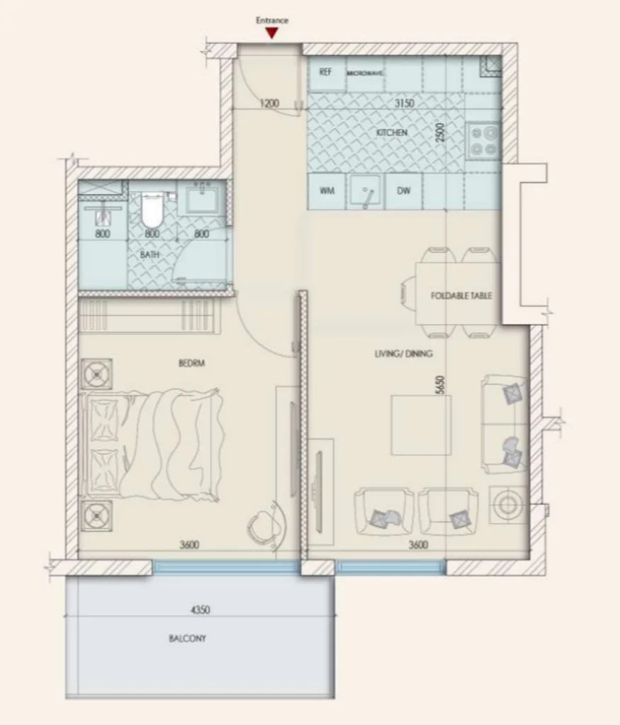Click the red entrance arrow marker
(272, 32)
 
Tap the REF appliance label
(326, 72)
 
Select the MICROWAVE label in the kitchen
(365, 73)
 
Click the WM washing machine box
(327, 190)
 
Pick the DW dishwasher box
(404, 190)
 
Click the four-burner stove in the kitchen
(483, 139)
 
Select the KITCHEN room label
(392, 132)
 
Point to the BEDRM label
(191, 363)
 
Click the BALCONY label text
(187, 638)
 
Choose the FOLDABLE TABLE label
(461, 295)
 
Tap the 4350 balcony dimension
(200, 609)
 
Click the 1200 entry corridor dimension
(269, 103)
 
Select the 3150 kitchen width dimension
(404, 103)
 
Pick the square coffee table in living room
(421, 425)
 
